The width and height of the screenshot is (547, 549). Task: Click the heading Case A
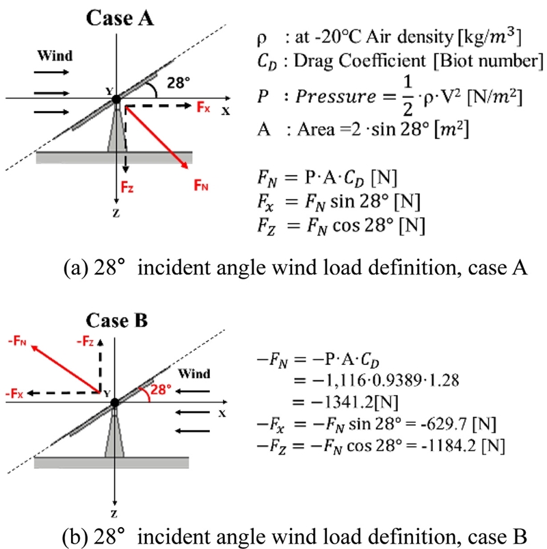coord(120,18)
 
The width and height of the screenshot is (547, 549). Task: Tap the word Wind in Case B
coord(194,374)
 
